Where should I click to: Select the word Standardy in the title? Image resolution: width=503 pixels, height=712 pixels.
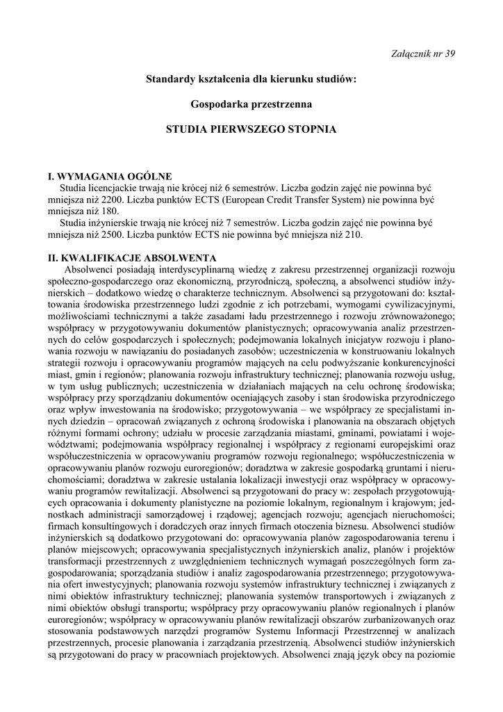click(x=169, y=79)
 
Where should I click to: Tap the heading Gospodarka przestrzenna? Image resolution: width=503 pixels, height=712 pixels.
click(x=251, y=104)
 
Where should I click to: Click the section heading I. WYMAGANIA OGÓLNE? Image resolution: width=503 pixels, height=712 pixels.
click(x=109, y=177)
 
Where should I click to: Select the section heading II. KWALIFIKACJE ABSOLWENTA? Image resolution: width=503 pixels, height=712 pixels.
click(x=132, y=258)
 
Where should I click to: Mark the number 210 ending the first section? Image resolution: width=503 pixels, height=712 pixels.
click(x=353, y=235)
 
